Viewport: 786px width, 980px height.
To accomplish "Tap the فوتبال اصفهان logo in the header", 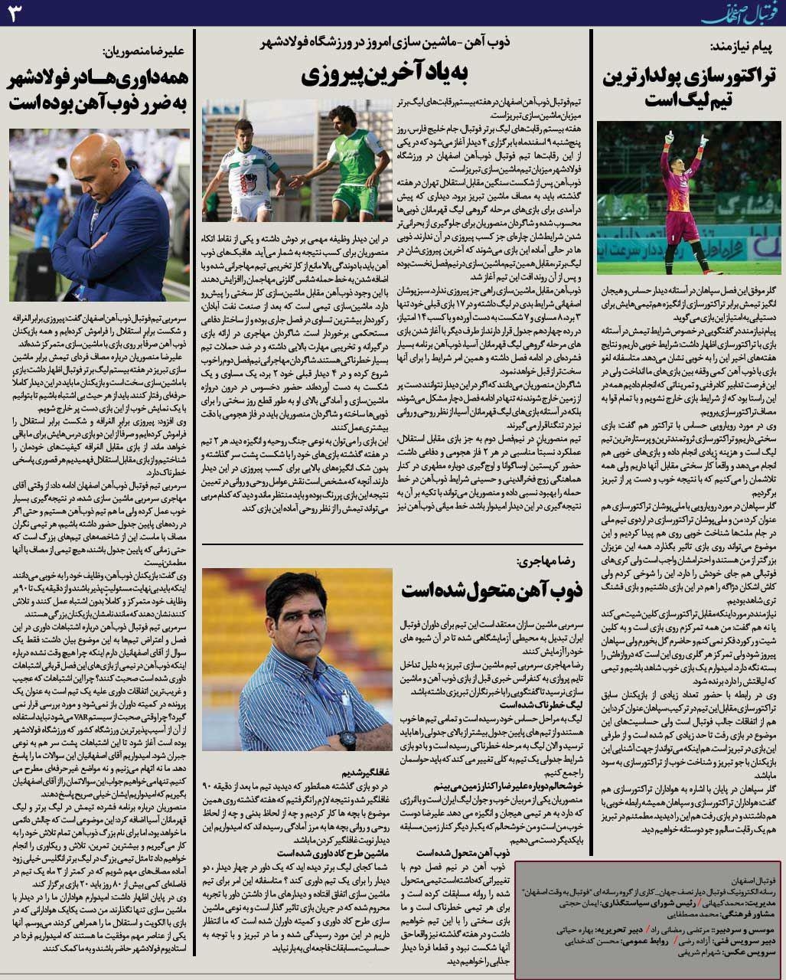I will point(742,13).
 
